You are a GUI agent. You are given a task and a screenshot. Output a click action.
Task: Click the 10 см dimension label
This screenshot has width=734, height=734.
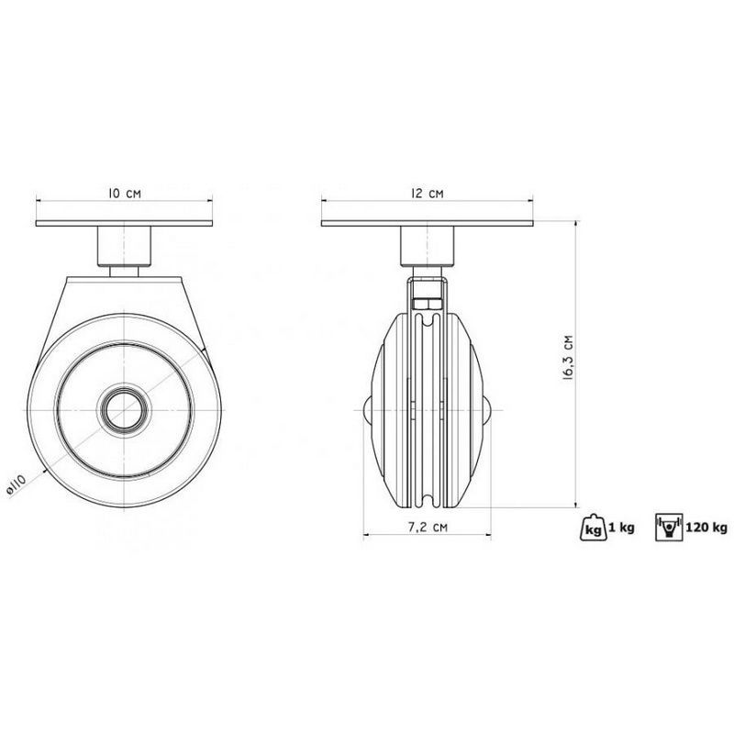coord(125,194)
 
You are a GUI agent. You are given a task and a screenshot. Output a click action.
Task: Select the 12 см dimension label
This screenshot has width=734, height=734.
coord(427,193)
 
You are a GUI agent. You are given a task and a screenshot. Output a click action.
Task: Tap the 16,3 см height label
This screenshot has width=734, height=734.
coord(568,357)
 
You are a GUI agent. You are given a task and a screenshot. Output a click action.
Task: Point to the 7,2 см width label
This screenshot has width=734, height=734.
coord(428,527)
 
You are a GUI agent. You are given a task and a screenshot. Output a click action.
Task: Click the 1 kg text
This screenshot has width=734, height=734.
coord(622,528)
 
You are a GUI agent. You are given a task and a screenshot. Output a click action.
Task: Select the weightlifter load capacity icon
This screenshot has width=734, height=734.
coord(670,528)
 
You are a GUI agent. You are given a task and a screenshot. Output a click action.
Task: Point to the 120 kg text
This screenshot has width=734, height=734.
coord(706,528)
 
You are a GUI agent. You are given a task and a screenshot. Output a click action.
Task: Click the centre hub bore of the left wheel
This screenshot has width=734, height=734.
coord(125,410)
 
